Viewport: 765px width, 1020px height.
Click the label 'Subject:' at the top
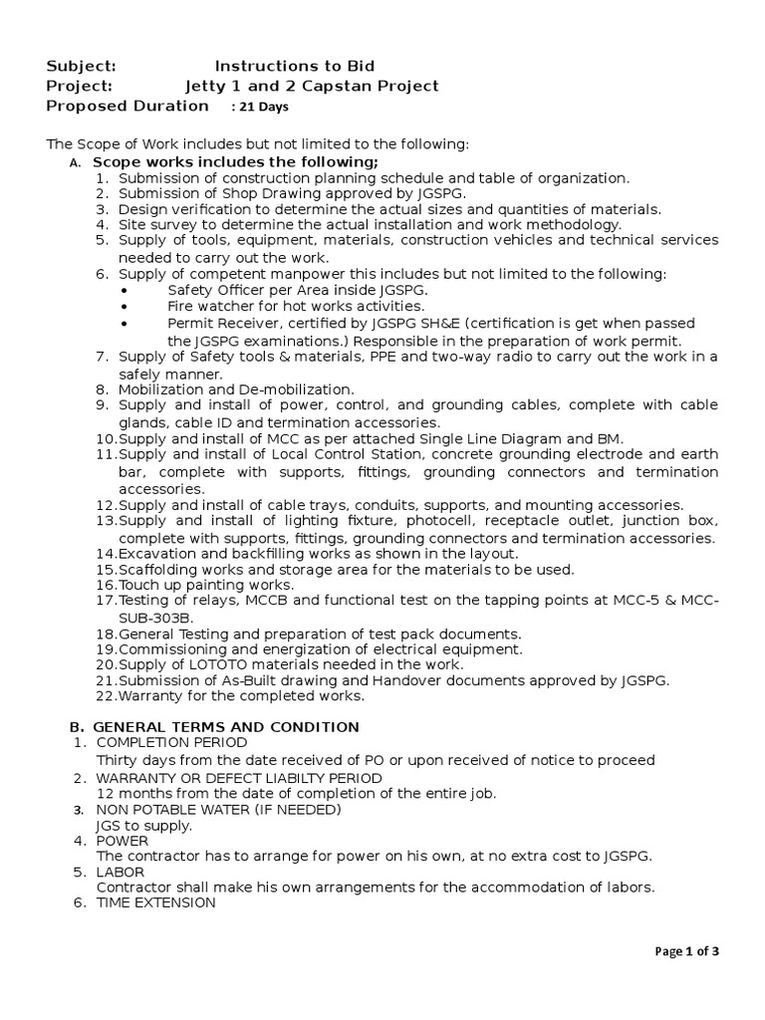tap(82, 66)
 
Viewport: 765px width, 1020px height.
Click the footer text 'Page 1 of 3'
tap(686, 951)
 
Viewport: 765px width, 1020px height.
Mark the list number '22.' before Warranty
tap(107, 696)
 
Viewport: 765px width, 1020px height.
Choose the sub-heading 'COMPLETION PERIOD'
tap(171, 743)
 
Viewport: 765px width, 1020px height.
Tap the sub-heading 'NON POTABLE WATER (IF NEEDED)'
tap(218, 809)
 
